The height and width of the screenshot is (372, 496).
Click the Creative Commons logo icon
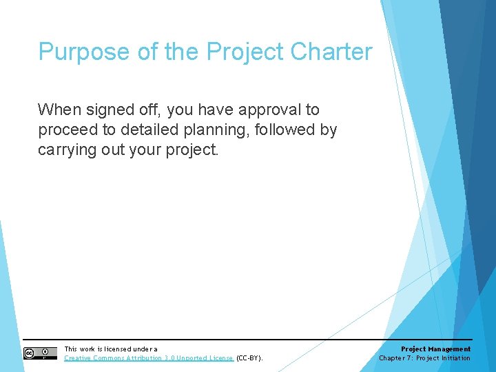coord(40,353)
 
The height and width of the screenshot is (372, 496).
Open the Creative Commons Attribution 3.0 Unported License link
coord(149,358)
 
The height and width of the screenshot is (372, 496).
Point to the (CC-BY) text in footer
coord(249,358)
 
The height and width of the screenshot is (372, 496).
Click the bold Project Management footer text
coord(435,349)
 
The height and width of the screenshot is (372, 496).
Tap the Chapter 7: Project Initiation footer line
coord(424,358)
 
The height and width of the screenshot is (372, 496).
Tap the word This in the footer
coord(70,349)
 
